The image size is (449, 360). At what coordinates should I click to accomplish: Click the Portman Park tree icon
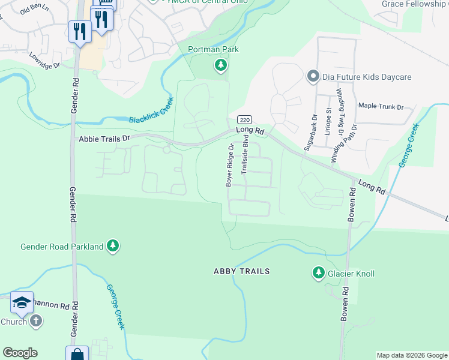coord(221,64)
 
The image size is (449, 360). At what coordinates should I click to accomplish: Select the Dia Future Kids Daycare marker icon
coord(312,77)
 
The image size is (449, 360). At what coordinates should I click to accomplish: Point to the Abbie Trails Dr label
coord(104,139)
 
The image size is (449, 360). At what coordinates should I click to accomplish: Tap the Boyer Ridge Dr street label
coord(229,165)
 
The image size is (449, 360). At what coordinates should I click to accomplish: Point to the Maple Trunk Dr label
coord(381,106)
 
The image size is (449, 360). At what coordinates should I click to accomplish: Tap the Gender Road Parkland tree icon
coord(112,246)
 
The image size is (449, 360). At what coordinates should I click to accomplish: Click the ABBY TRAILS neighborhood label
coord(242,271)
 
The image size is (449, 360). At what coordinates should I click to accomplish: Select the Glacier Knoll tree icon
coord(318,274)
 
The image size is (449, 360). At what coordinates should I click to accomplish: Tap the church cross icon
coord(35,321)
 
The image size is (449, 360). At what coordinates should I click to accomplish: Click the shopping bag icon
coord(77,354)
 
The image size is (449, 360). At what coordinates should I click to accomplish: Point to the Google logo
coord(20,353)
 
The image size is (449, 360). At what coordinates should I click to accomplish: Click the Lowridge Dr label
coord(45,61)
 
